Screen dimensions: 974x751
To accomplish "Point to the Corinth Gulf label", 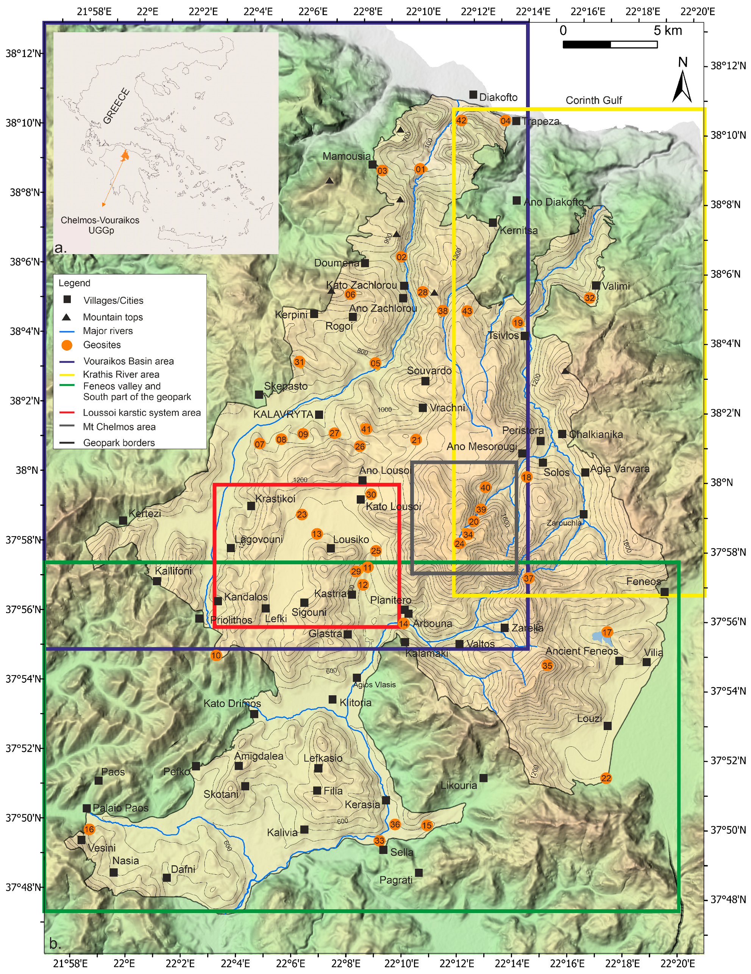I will pyautogui.click(x=593, y=100).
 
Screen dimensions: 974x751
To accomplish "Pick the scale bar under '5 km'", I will pyautogui.click(x=610, y=44).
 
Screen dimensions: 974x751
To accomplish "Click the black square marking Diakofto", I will pyautogui.click(x=473, y=95).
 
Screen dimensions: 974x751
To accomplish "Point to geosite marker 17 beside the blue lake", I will pyautogui.click(x=606, y=632).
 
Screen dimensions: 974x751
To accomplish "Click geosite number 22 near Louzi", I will pyautogui.click(x=606, y=778).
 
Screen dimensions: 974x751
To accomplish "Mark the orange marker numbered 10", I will pyautogui.click(x=216, y=655).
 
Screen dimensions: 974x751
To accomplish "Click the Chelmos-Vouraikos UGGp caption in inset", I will pyautogui.click(x=100, y=225).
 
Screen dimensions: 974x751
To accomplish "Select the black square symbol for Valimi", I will pyautogui.click(x=595, y=286).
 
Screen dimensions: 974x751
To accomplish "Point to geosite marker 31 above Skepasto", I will pyautogui.click(x=299, y=362).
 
